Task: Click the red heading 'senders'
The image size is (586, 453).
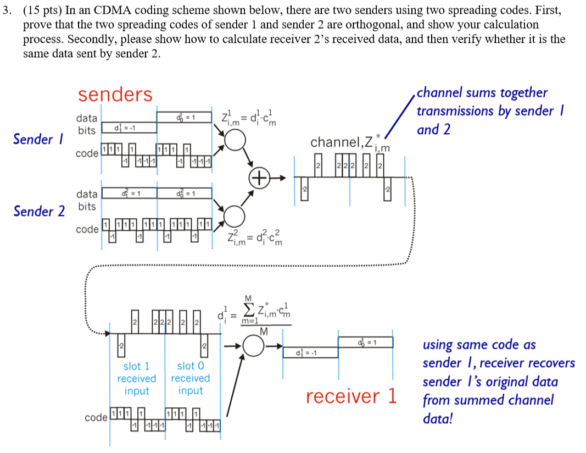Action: (115, 95)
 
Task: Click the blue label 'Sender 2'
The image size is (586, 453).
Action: (39, 211)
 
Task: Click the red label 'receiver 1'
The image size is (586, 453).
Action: (351, 396)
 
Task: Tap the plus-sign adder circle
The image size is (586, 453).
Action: (259, 178)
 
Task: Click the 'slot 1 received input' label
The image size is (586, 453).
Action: (136, 378)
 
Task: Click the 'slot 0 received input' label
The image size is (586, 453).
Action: (191, 378)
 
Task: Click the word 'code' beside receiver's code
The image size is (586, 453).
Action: (96, 418)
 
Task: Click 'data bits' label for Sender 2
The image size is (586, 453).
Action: (87, 200)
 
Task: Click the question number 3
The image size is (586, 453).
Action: (5, 10)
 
